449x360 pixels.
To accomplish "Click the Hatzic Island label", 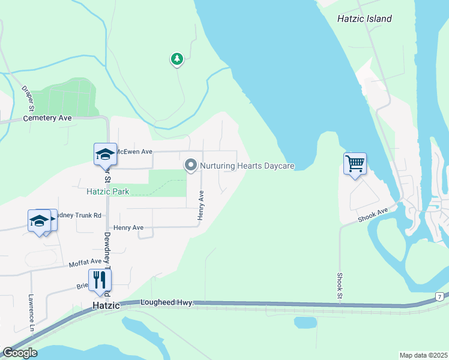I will click(x=364, y=19).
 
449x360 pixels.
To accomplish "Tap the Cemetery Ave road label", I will click(x=47, y=118).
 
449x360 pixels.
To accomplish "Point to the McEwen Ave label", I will click(x=134, y=152).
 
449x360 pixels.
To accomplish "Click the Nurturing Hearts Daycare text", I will click(x=247, y=166).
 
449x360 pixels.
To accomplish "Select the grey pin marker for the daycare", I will click(x=191, y=164).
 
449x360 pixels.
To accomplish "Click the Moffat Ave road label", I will click(x=85, y=262).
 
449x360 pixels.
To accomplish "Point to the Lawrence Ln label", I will click(x=31, y=311).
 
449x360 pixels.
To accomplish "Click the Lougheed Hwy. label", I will click(x=167, y=304).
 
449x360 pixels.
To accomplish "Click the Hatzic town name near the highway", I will click(x=107, y=306).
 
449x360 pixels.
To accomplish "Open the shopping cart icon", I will click(x=355, y=163).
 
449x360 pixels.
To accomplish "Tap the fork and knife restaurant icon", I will click(x=100, y=279).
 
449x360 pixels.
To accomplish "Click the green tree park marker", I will click(x=176, y=59).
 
